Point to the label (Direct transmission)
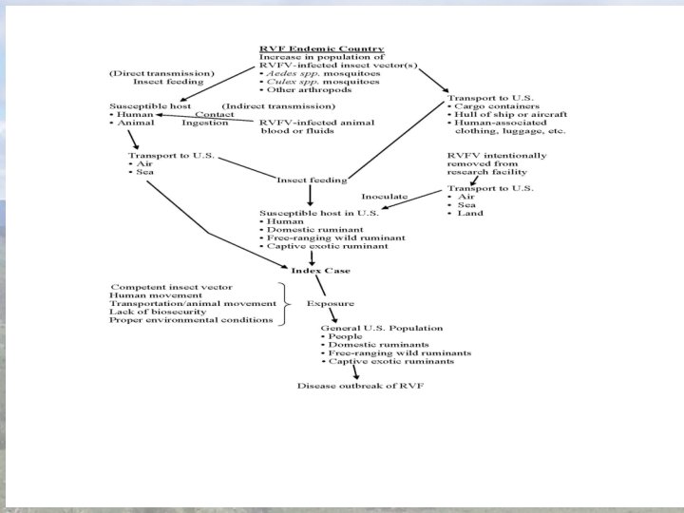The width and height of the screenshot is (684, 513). [x=161, y=73]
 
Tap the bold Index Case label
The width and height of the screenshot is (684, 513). [x=309, y=269]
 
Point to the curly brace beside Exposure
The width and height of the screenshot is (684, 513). [x=282, y=303]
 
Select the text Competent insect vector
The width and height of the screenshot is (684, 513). [x=172, y=286]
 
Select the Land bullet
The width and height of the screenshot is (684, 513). [x=467, y=213]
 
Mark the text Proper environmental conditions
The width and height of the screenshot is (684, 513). [x=191, y=320]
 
